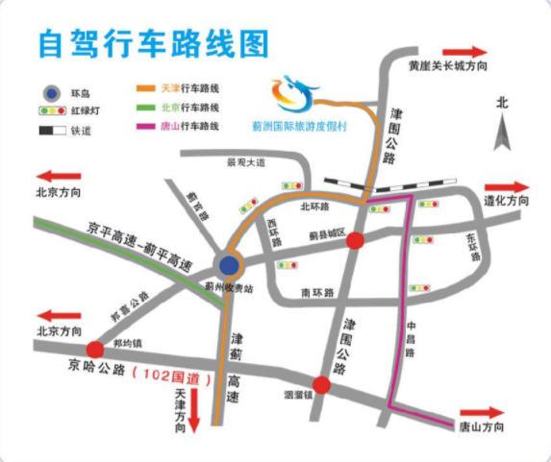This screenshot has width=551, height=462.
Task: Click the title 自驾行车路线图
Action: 152,43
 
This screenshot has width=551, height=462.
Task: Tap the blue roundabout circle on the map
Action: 230,264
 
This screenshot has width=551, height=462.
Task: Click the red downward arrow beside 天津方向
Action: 195,409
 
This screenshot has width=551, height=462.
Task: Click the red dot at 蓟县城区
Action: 355,240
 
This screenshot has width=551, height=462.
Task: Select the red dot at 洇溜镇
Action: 322,385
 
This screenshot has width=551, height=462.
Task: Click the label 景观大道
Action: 244,163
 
